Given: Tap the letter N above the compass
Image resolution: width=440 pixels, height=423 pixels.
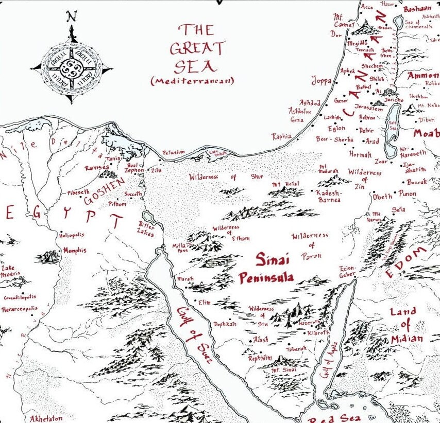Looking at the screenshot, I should [72, 17].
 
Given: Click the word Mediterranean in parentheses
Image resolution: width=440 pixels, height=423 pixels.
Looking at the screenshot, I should [193, 81].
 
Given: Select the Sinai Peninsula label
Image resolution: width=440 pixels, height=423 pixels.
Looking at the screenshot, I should [266, 268].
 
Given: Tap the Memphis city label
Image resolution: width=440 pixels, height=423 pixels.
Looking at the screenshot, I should [74, 251].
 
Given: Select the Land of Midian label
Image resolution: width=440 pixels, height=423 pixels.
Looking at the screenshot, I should [407, 325].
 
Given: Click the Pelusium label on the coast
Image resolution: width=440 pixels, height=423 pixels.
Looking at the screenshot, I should [173, 153].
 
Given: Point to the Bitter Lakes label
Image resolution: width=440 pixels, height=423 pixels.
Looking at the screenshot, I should [146, 228].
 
